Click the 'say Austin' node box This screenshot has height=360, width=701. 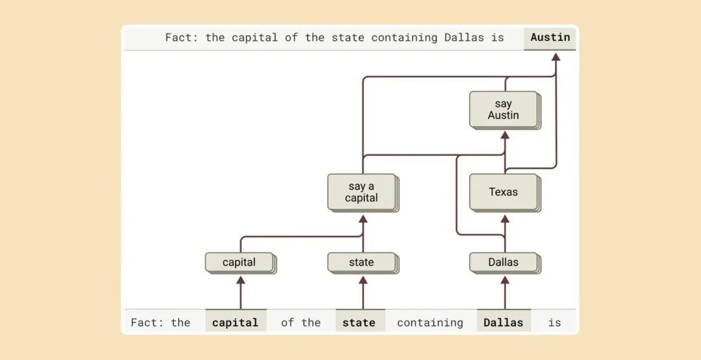504,109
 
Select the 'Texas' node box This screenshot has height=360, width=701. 504,191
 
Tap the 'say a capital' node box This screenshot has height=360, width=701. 362,192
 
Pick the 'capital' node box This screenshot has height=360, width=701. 239,262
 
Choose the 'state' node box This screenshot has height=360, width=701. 362,262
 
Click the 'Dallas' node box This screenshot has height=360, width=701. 504,262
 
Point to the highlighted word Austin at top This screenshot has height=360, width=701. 550,37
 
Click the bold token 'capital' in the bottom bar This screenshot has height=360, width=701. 235,322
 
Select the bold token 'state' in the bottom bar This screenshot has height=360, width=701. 359,322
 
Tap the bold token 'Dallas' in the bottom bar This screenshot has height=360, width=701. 504,322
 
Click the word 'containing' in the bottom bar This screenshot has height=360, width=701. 430,322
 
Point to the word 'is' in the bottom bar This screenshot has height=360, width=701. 554,322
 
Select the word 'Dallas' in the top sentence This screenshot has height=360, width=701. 464,37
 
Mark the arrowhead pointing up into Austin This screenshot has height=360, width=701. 556,57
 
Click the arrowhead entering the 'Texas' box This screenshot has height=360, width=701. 505,219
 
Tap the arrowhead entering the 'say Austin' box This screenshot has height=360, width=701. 505,136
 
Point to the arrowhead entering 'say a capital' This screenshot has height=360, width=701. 363,219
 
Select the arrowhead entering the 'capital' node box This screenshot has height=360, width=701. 241,280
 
